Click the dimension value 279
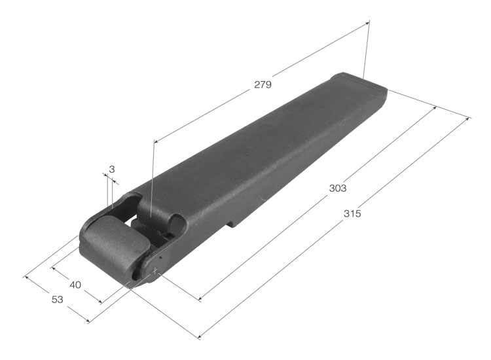(263, 84)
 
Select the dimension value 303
(338, 188)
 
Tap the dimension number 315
(352, 213)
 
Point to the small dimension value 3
(112, 170)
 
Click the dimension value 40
(75, 285)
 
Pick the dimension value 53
(58, 300)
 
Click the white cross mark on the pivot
(155, 270)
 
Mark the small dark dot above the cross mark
(160, 258)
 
